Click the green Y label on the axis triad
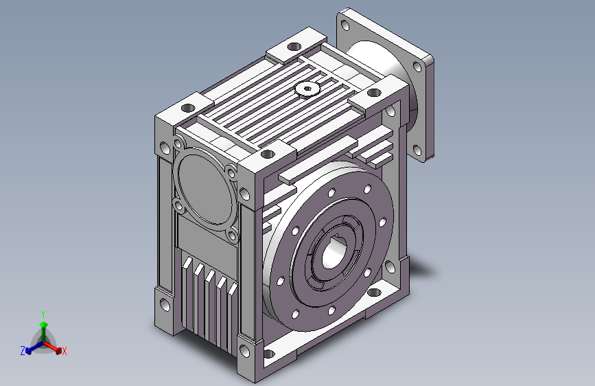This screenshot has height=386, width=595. (43, 315)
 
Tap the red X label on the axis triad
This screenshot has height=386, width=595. (64, 352)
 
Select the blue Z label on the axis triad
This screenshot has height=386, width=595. (23, 351)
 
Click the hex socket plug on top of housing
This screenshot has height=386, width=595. (307, 90)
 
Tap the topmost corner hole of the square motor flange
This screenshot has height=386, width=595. (345, 25)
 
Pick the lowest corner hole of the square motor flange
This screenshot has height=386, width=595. (417, 151)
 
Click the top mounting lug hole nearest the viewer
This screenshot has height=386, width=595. (268, 155)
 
